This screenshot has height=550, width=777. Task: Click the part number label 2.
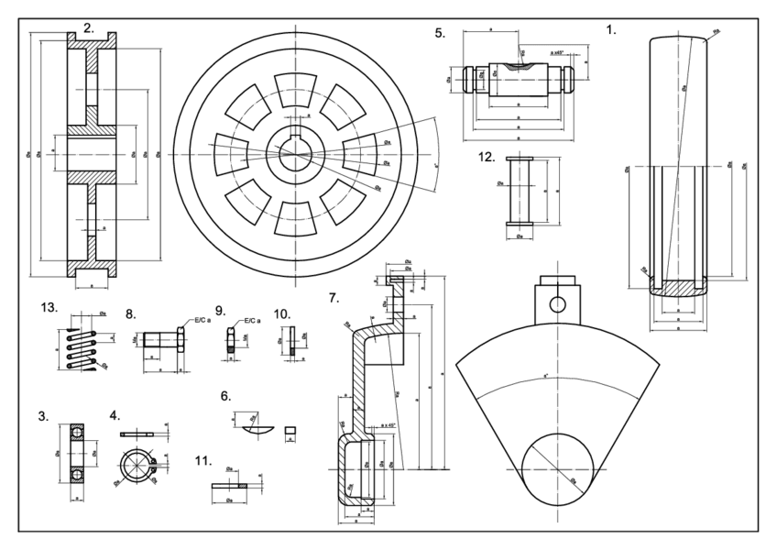89,28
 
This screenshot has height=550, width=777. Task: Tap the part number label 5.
440,33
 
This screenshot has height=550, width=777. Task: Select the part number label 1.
612,29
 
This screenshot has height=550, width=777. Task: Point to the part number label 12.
487,157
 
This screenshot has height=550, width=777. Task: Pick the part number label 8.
130,313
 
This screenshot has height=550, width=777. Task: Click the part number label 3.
43,416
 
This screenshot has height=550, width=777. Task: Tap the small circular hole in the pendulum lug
557,302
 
